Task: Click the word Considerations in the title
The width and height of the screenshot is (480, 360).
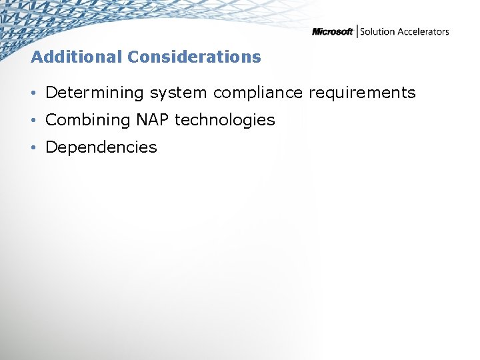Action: (x=194, y=57)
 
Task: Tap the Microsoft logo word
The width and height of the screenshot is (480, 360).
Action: (x=333, y=32)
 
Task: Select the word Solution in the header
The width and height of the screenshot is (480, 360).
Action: (x=377, y=32)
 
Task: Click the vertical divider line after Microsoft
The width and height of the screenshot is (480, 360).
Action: (x=357, y=31)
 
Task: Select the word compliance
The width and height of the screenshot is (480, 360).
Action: (x=258, y=93)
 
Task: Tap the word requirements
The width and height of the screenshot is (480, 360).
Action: (x=362, y=93)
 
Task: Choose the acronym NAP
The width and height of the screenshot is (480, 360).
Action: (x=152, y=120)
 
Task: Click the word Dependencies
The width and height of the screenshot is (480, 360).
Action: (x=101, y=147)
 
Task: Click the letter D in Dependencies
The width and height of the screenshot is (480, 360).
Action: (x=51, y=147)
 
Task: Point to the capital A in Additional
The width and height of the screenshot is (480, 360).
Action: (x=37, y=57)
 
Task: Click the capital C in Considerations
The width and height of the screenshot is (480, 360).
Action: (x=133, y=57)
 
